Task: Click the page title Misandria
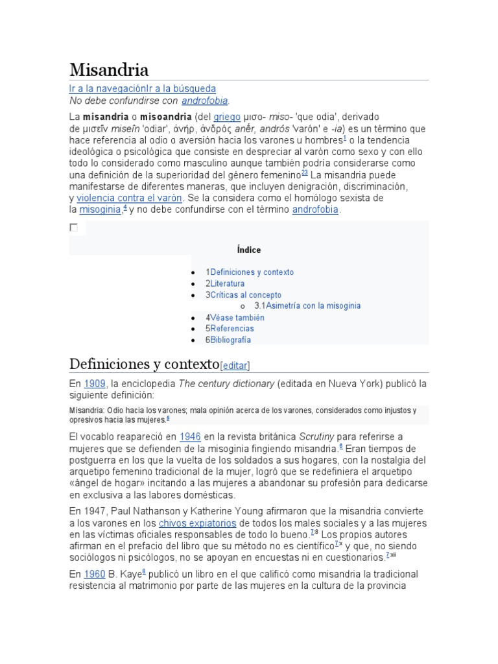109,69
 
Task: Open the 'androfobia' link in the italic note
205,101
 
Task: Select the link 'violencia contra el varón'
130,198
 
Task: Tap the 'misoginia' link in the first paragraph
100,210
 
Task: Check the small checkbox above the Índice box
73,228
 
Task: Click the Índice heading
249,250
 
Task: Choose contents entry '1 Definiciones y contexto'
250,272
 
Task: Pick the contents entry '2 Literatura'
225,283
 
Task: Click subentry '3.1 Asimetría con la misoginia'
307,305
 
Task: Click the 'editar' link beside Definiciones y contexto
235,366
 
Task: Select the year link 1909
95,384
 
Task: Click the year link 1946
190,436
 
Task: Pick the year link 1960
95,574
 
